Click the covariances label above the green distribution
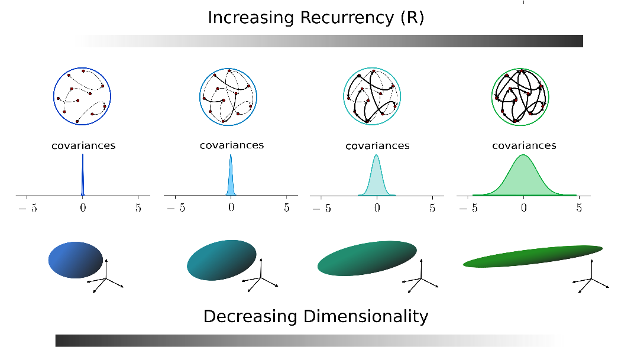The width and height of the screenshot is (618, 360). point(524,145)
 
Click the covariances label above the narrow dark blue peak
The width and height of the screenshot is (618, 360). point(83,145)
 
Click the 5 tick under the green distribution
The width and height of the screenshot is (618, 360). point(579,208)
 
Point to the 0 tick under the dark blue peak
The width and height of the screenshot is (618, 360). point(83,208)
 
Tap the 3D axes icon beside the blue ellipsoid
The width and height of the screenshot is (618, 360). point(106,278)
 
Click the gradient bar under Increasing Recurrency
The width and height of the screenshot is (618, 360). point(329,41)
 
